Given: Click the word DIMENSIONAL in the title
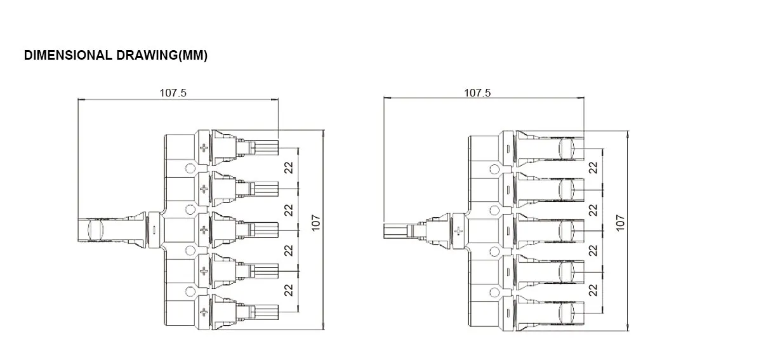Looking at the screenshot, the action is pyautogui.click(x=69, y=56).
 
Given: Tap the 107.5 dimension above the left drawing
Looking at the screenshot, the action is pyautogui.click(x=173, y=92).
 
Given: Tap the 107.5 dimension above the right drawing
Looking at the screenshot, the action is pyautogui.click(x=477, y=92).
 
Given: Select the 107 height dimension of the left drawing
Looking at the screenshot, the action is pyautogui.click(x=317, y=223).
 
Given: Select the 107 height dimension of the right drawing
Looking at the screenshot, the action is pyautogui.click(x=620, y=223).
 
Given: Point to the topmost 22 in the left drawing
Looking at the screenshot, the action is pyautogui.click(x=289, y=168).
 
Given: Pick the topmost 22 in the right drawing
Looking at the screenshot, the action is pyautogui.click(x=593, y=168).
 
